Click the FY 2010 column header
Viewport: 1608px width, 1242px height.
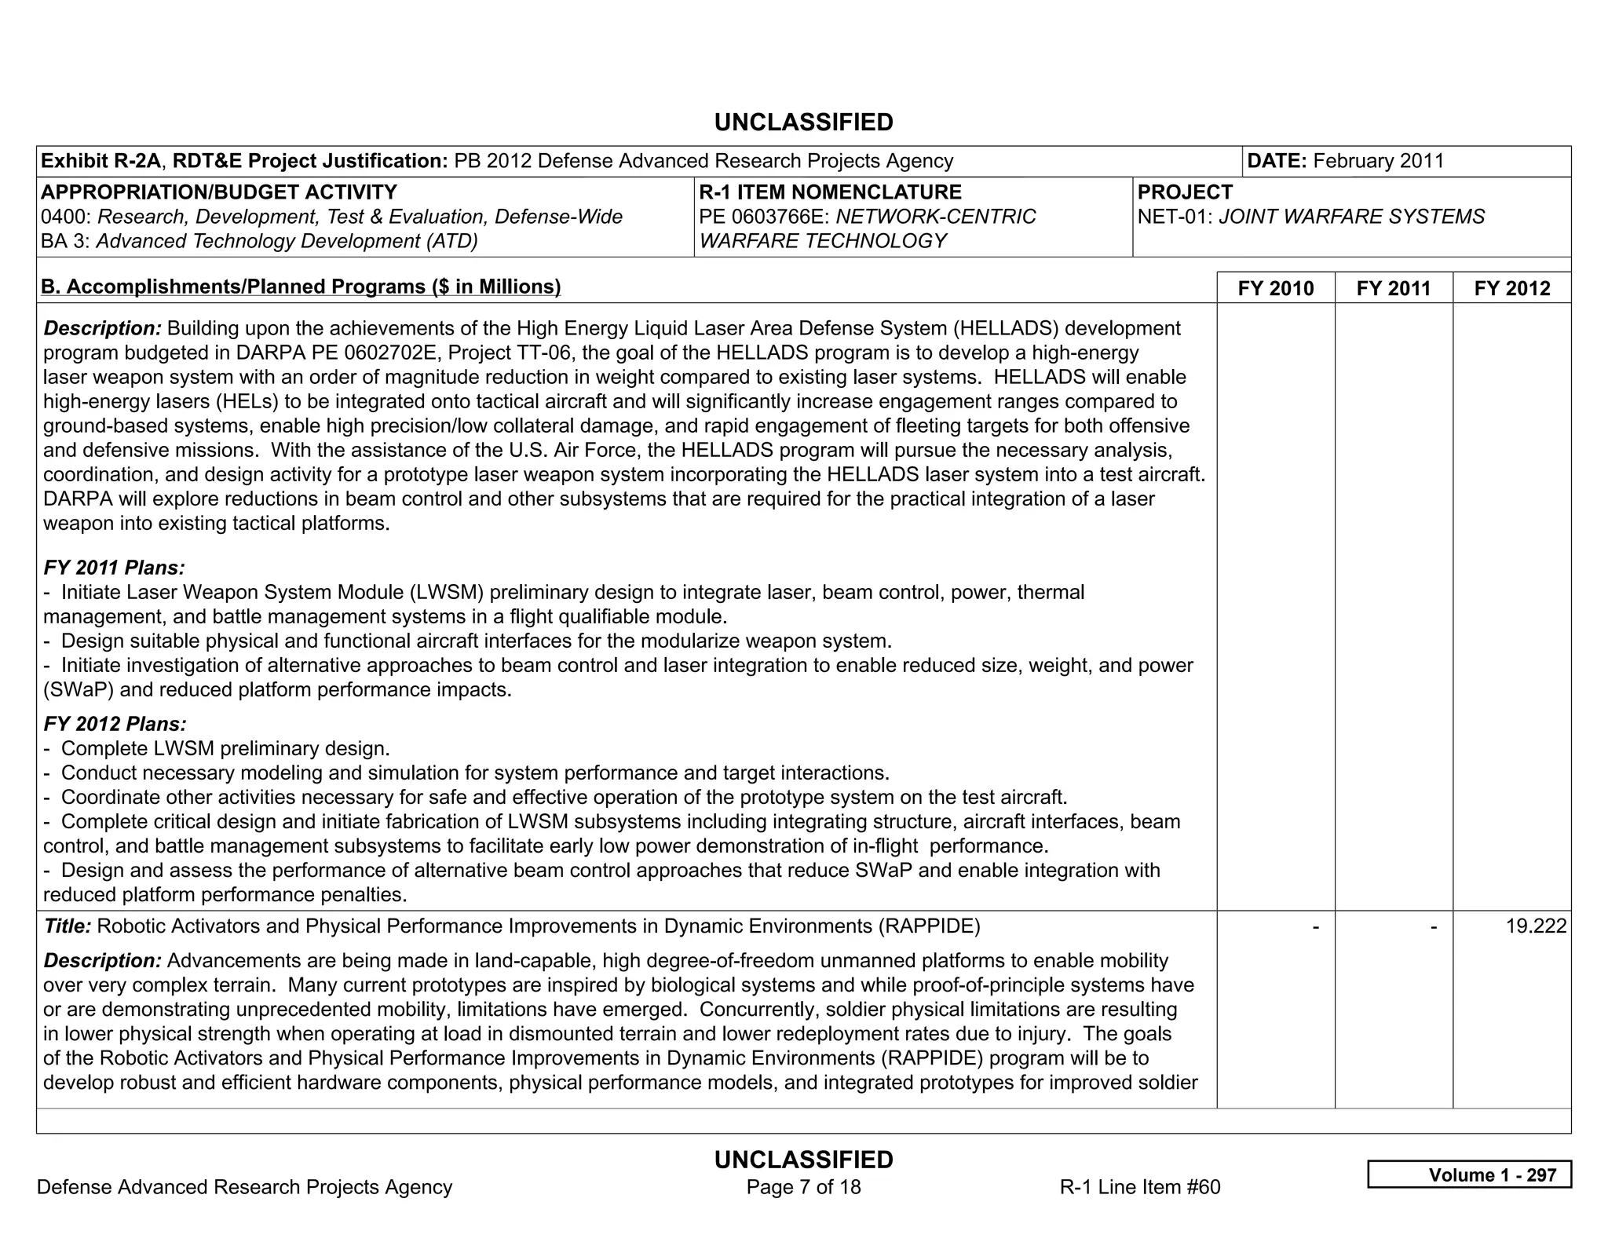coord(1275,288)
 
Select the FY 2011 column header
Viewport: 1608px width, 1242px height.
coord(1394,288)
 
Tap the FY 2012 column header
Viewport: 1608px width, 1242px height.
coord(1512,288)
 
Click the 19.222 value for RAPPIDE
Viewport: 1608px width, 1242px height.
coord(1536,926)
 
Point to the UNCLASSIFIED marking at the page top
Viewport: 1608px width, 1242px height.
coord(803,122)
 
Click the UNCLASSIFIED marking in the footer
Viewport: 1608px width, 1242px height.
coord(803,1160)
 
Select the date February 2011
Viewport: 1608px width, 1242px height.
coord(1378,161)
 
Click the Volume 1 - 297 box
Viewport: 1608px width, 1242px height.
coord(1469,1174)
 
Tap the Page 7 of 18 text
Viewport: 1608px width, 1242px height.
coord(803,1186)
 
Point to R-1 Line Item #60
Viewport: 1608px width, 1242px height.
coord(1139,1186)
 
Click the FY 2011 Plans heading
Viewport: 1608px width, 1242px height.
coord(114,568)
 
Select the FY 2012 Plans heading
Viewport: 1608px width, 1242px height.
coord(115,724)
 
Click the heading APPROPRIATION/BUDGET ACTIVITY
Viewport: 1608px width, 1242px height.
coord(218,192)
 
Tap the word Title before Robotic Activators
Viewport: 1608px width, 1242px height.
coord(68,926)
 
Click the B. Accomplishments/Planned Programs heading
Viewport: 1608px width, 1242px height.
coord(301,287)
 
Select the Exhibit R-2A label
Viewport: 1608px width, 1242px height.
coord(100,161)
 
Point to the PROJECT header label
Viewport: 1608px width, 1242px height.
coord(1185,192)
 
